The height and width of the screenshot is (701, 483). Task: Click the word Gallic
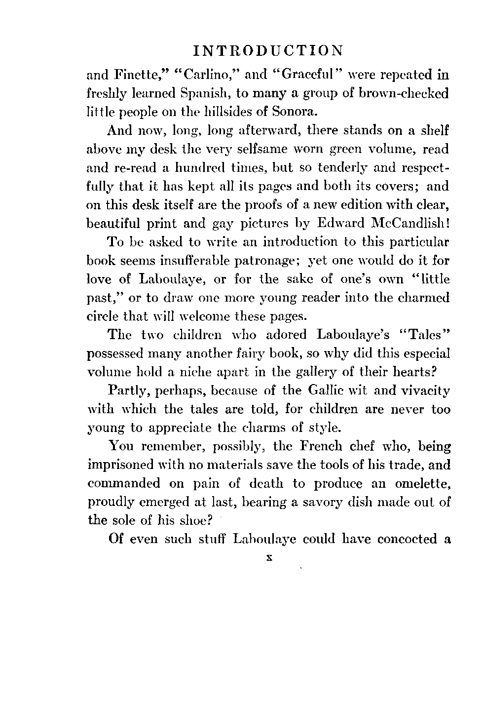[324, 391]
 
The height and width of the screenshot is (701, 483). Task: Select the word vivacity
[420, 391]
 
